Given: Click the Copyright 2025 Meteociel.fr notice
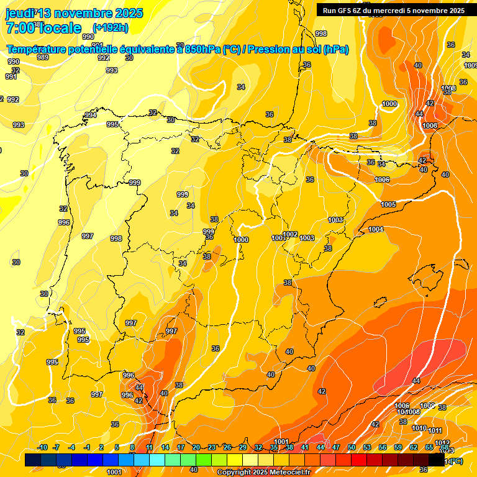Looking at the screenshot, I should point(263,472).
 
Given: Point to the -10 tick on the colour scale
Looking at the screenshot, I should point(42,447).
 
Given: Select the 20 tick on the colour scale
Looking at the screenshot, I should point(196,447).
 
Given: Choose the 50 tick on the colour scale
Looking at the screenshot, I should point(352,447).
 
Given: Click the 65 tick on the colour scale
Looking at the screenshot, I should point(429,447).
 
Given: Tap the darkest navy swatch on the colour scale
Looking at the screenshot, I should point(33,460).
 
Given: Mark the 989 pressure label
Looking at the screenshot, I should point(43,57).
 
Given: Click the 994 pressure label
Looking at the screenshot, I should point(91,115).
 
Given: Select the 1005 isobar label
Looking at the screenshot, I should point(388,204).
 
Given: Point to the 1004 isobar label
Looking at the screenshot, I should point(376,230).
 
